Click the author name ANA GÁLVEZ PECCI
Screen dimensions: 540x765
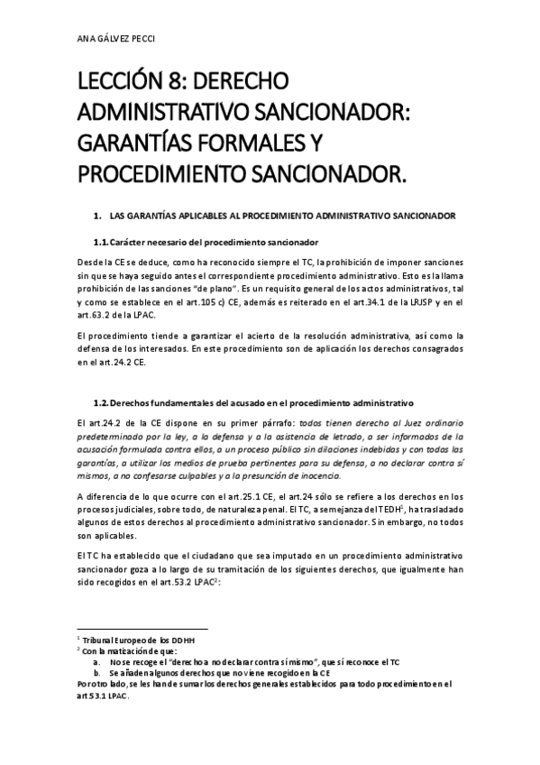click(x=116, y=40)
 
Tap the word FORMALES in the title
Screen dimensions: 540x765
click(x=267, y=143)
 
